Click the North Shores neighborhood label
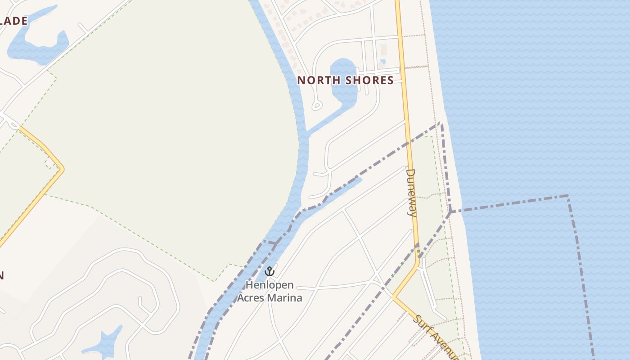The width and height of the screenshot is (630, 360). coord(345,81)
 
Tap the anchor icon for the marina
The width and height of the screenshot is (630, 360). coord(269,271)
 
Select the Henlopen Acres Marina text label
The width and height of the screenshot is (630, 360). coord(270,291)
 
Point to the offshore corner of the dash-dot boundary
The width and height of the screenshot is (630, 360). coord(567,196)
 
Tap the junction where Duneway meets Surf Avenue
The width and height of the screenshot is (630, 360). coord(394,297)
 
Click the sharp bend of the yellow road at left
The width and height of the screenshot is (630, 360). coord(63,169)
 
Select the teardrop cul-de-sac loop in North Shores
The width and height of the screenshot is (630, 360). coord(317,106)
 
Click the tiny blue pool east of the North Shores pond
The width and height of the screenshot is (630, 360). coord(382,62)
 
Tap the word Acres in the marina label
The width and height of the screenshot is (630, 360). coord(253,297)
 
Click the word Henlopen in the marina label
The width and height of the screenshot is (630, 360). coord(270,285)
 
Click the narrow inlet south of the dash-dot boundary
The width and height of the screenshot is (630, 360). coord(342,189)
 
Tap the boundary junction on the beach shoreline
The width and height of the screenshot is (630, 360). coord(450,211)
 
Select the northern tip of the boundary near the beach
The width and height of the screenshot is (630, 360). coord(441,123)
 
